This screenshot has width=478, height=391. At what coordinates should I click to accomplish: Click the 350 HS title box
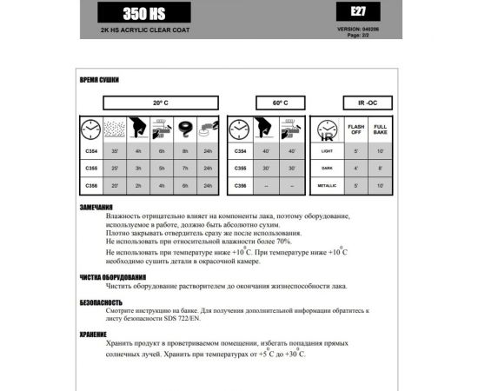point(143,14)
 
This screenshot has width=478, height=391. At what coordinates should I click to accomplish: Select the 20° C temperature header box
point(160,102)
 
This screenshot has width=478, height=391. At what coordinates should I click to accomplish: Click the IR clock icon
point(328,130)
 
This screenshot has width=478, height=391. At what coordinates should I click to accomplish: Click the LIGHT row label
point(328,151)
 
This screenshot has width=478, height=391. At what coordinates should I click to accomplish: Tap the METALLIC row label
point(328,185)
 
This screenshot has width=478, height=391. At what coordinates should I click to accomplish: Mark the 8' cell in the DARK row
point(381,168)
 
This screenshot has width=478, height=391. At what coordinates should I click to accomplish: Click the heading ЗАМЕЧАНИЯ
point(96,207)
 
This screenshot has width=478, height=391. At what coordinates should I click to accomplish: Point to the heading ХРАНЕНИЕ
point(94,332)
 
